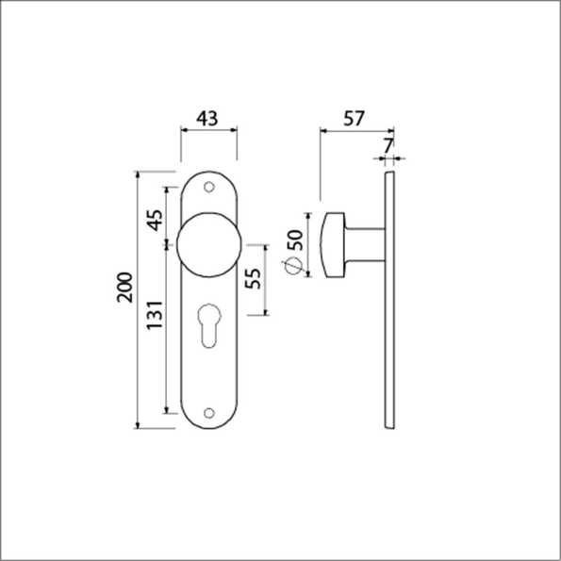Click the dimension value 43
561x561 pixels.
tap(207, 119)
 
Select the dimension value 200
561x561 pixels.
tap(124, 289)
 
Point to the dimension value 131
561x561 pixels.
tap(155, 316)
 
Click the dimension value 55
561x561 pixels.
tap(252, 279)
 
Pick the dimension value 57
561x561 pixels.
tap(354, 119)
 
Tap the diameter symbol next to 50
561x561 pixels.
tap(292, 267)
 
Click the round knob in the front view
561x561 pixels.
tap(207, 247)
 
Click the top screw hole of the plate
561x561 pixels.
tap(208, 188)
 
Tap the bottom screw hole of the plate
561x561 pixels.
tap(208, 411)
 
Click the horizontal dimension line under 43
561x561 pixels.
tap(207, 132)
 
